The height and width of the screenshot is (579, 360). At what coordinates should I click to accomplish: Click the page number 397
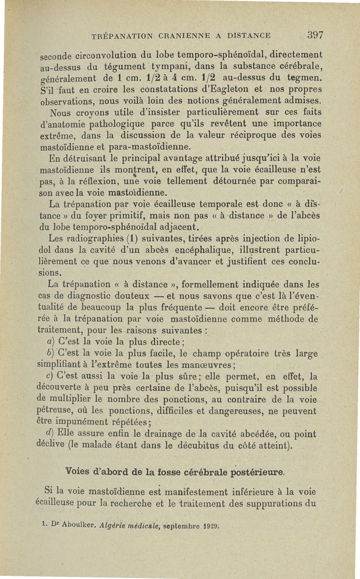[316, 35]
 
